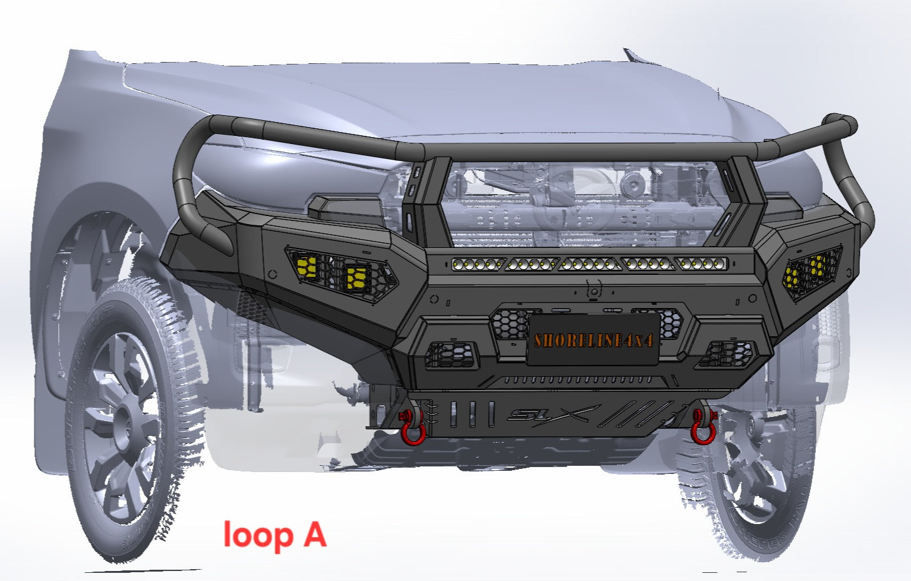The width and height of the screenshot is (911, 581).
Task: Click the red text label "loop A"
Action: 274,535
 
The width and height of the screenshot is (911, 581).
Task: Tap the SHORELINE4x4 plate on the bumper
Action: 593,340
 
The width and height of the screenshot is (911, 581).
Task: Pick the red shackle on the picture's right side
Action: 703,428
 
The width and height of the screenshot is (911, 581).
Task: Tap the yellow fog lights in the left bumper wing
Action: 332,270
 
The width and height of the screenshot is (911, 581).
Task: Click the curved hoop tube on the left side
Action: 188,182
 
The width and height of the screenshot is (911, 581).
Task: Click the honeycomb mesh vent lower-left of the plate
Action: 451,355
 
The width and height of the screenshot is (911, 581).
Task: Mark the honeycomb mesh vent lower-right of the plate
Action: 726,354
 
